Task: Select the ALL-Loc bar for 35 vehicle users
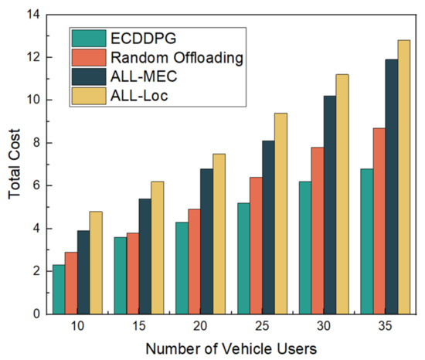click(403, 177)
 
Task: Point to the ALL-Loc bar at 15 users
click(156, 247)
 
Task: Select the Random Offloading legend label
click(161, 56)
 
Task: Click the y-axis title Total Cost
click(15, 164)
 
